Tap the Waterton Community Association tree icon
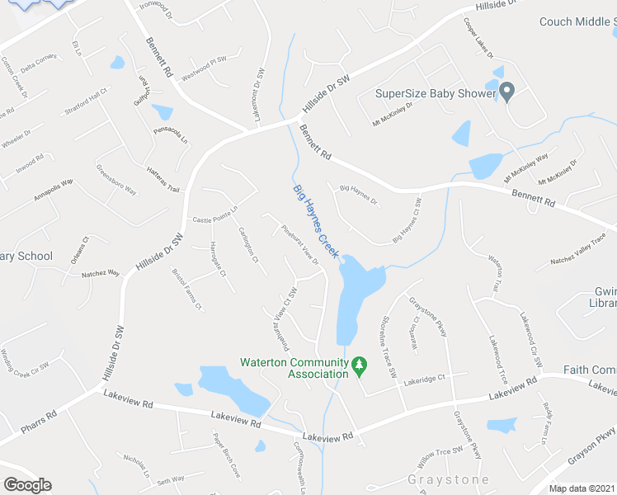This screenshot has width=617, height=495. pos(359,365)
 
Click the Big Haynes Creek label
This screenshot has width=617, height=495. pos(316,220)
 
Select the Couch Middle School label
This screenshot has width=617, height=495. pos(577,22)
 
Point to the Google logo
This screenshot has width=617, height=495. pos(27,485)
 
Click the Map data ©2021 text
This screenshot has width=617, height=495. pos(582,488)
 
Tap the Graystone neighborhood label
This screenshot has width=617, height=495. pos(448,479)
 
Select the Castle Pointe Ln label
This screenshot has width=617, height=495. pos(214,214)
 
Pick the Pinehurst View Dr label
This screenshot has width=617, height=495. pos(299,245)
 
